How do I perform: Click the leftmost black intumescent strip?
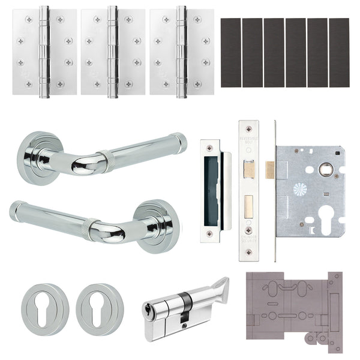tap(231, 53)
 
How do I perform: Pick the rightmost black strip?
tap(339, 53)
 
